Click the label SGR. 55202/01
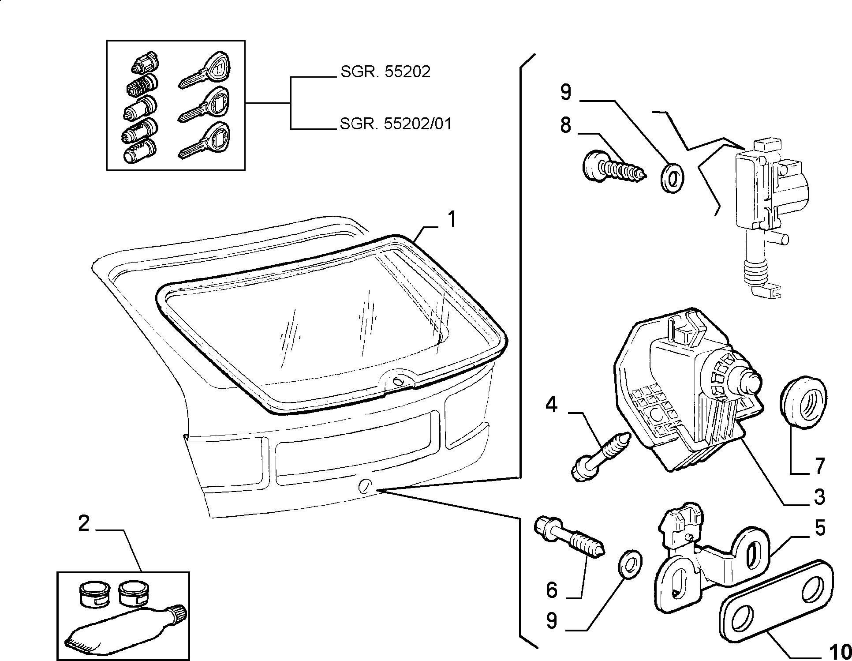(396, 124)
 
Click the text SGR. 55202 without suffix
(385, 71)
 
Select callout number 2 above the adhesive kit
(84, 524)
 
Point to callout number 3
(819, 497)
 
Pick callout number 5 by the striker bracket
(819, 528)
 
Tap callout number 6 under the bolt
(552, 590)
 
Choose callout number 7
(819, 466)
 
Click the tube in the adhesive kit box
(126, 630)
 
